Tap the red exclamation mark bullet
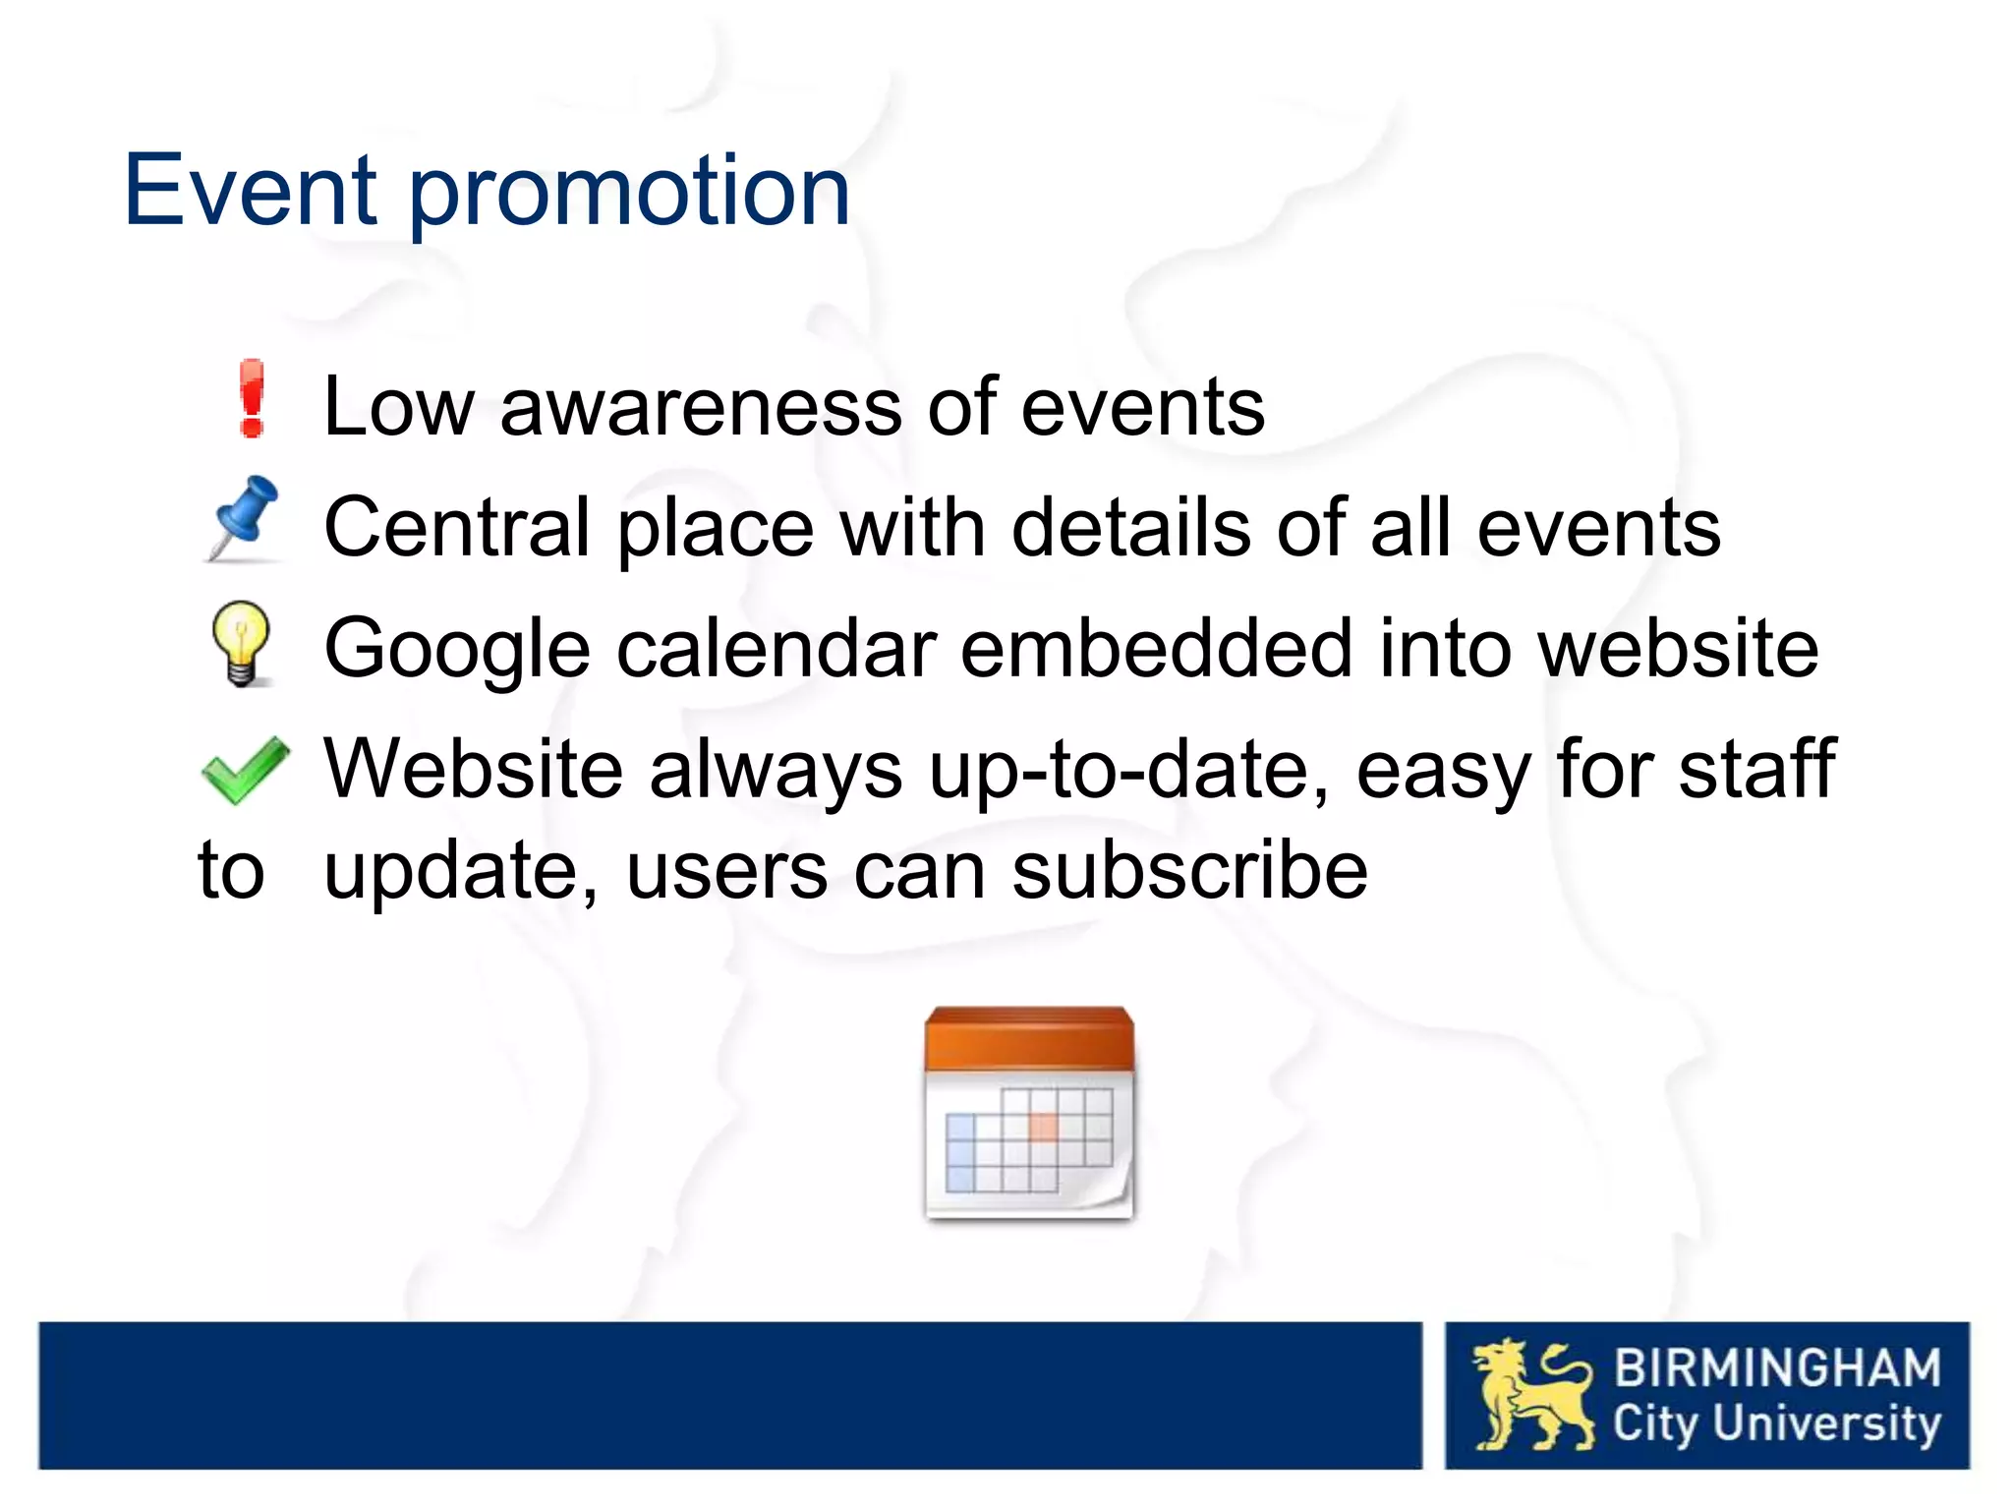[253, 398]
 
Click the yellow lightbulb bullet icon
[241, 643]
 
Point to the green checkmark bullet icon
[245, 769]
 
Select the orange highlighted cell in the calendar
[1043, 1127]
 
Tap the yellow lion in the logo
[1529, 1395]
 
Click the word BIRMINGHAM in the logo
[1777, 1368]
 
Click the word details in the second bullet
[1130, 528]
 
